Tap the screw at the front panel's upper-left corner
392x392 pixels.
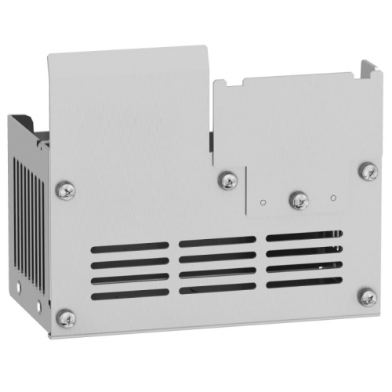click(x=67, y=189)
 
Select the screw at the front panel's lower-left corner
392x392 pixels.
click(x=67, y=318)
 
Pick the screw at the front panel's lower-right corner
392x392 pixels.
click(x=367, y=296)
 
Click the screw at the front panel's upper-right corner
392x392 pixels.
click(x=367, y=169)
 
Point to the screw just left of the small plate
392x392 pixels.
click(x=228, y=181)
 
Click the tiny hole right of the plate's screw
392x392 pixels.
click(x=333, y=197)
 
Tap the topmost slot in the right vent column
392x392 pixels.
click(x=303, y=235)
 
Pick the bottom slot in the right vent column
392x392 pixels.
click(x=303, y=281)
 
